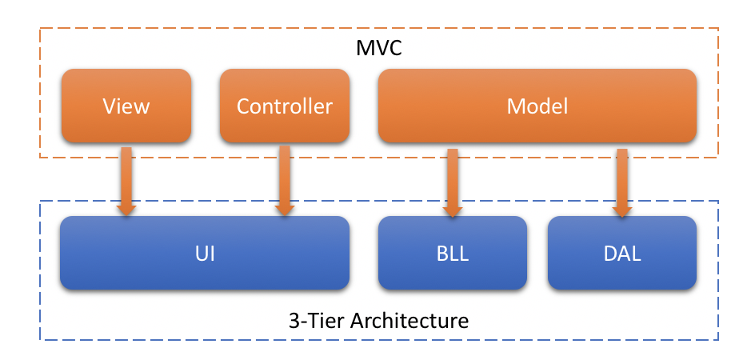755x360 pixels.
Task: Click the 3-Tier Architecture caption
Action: point(378,322)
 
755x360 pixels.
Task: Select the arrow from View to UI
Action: point(126,180)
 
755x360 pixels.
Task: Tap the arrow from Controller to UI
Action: point(284,180)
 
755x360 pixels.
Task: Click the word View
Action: point(126,106)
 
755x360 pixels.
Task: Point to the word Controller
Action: point(284,106)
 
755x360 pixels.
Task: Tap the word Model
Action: point(537,106)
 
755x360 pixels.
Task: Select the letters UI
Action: point(205,255)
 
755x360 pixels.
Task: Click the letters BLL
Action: point(453,255)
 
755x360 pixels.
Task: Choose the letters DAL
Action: point(621,255)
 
